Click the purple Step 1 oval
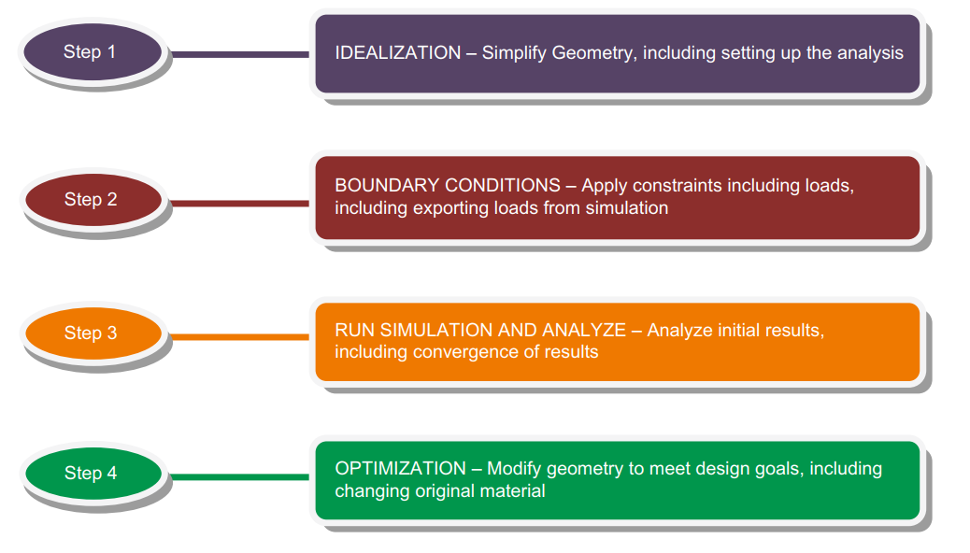tap(93, 52)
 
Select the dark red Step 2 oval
tap(93, 199)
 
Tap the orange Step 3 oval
tap(93, 333)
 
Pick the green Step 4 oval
tap(93, 474)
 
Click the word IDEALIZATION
tap(398, 52)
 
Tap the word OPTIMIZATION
tap(400, 468)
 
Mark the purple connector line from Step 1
tap(240, 54)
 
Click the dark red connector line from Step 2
tap(240, 203)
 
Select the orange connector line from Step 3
tap(240, 337)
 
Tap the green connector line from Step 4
tap(240, 477)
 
